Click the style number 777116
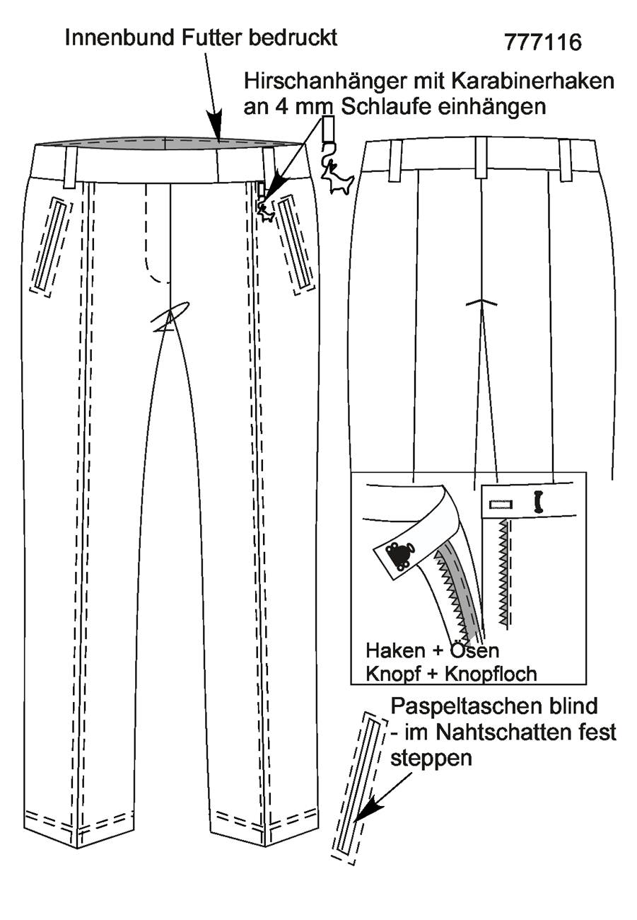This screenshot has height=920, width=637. pyautogui.click(x=542, y=42)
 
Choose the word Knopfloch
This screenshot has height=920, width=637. pyautogui.click(x=491, y=674)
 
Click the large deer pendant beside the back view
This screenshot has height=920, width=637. pyautogui.click(x=337, y=178)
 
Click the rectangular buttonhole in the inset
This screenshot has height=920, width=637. pyautogui.click(x=501, y=505)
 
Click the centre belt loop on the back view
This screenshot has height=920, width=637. pyautogui.click(x=481, y=158)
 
